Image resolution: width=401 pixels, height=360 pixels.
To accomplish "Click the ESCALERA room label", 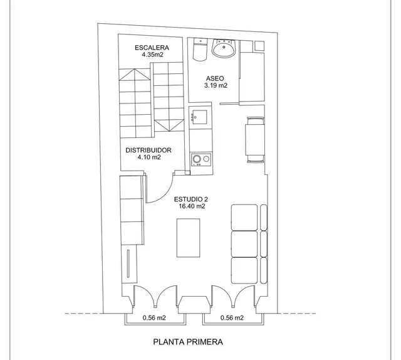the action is coord(152,48).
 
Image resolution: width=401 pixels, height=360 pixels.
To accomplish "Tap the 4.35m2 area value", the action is coord(152,55).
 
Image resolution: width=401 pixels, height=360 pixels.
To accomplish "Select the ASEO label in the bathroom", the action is coord(215,78).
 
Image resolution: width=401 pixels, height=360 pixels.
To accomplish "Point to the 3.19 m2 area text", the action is coord(216,85).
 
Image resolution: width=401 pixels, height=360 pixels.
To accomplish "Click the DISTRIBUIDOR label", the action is coord(148,150).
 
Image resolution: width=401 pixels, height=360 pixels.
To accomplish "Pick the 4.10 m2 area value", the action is coord(149,157).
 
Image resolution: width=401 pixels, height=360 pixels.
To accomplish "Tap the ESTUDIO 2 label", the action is coord(191,199).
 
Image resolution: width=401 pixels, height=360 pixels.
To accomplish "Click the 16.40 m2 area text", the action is coord(192,206).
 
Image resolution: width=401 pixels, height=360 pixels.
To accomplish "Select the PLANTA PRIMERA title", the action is coord(188,342).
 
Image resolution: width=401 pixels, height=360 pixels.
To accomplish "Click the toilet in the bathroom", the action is coord(200,50).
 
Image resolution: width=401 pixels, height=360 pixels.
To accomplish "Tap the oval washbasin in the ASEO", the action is coord(224,48).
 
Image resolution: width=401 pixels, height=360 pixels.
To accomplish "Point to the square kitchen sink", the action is coord(199,117).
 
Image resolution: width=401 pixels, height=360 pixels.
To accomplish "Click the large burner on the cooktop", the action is coord(197,159).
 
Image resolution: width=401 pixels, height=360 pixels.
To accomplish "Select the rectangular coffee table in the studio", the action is coord(188,238).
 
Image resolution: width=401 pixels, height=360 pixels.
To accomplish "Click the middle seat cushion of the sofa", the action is coord(244,244).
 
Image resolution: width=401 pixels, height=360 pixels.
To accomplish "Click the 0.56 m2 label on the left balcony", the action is coord(154,318).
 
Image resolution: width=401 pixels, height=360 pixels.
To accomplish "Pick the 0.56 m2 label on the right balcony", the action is coord(232,318).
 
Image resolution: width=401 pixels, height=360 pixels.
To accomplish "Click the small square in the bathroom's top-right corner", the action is coord(259,46).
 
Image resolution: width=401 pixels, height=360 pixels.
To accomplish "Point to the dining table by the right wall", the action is coord(255,139).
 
